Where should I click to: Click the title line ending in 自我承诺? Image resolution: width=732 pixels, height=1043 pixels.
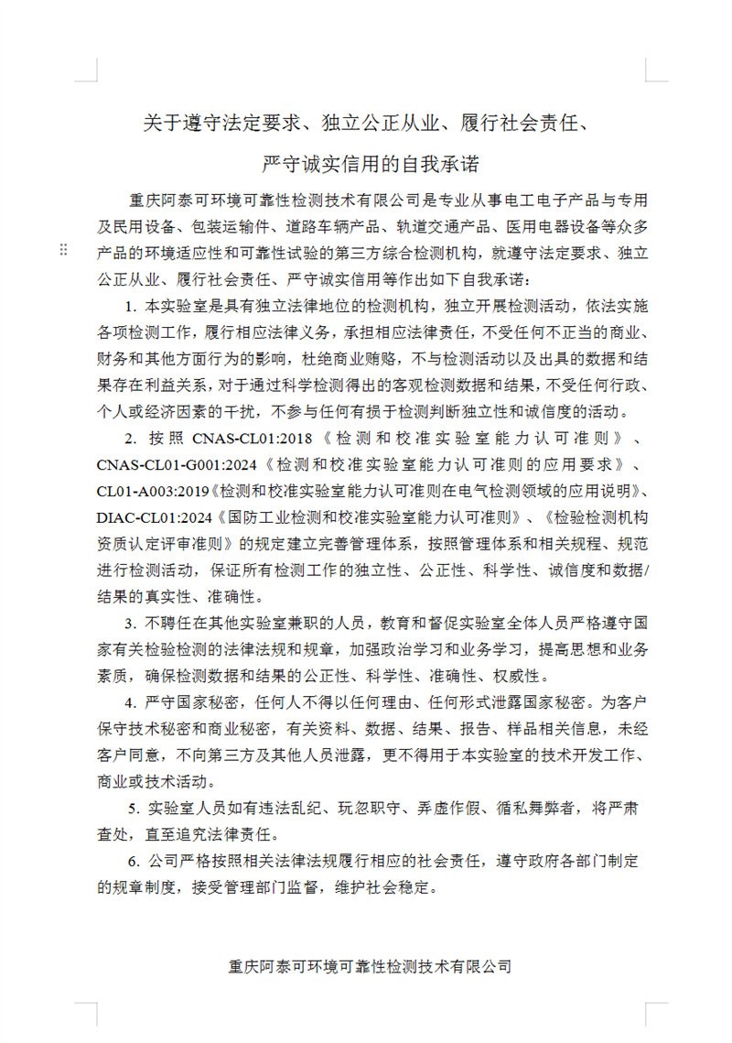pos(370,165)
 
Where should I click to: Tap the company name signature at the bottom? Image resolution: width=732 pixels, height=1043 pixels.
pos(370,967)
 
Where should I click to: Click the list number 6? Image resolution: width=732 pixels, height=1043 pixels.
pos(132,862)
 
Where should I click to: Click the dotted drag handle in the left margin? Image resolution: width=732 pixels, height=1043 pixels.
pos(63,251)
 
